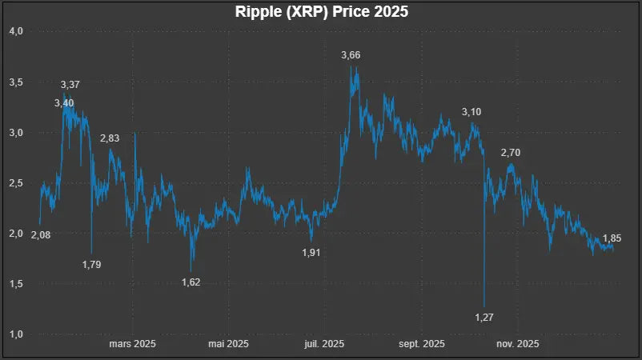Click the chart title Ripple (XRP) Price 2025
[x=321, y=13]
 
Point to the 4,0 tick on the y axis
[x=16, y=31]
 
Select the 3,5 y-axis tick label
[x=16, y=82]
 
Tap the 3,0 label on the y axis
[x=16, y=132]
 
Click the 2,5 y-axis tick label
[x=16, y=183]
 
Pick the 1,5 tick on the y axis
[x=16, y=284]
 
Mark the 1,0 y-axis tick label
[x=16, y=334]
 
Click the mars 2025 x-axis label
[x=132, y=345]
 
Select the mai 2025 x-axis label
[x=227, y=345]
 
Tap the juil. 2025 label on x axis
[x=324, y=345]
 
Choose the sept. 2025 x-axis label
[x=422, y=345]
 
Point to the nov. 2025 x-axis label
[x=517, y=345]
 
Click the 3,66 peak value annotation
[x=351, y=55]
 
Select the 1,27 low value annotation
[x=484, y=318]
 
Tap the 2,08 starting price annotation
[x=40, y=234]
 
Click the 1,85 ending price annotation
[x=612, y=238]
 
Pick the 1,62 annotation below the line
[x=191, y=282]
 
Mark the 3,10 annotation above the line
[x=472, y=112]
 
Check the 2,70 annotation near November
[x=511, y=152]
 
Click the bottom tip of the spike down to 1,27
[x=484, y=306]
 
